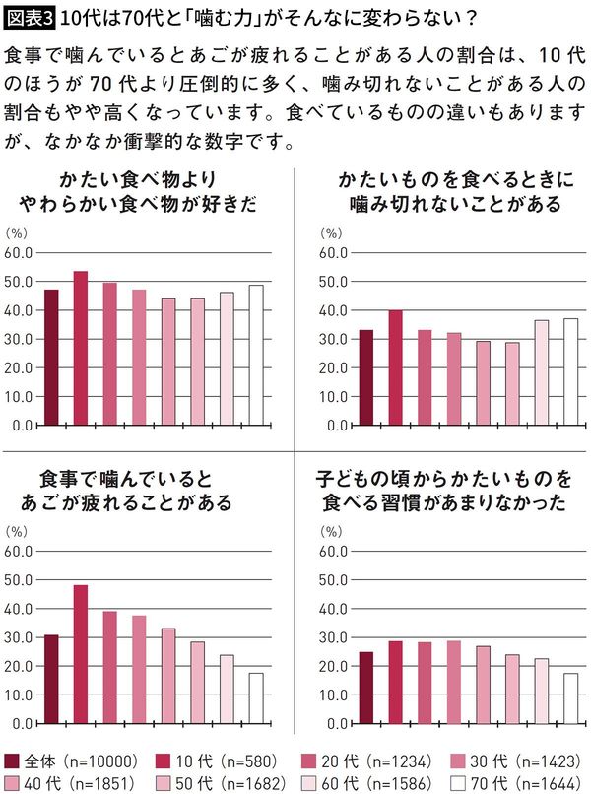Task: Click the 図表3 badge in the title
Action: [30, 17]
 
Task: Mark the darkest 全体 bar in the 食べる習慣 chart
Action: [366, 687]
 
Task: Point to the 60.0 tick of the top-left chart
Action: [21, 253]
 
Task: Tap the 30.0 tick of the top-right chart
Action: [338, 339]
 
